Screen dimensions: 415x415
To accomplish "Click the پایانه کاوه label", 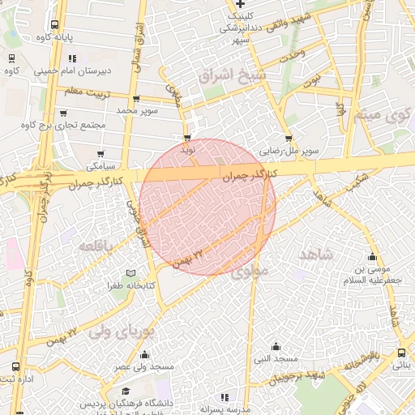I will point(55,37).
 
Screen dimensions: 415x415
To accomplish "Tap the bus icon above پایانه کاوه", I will point(54,24).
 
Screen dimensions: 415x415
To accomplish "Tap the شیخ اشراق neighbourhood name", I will point(232,76).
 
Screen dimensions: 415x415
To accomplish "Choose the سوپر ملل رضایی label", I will point(288,152).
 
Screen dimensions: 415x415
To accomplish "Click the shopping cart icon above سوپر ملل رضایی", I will point(289,139).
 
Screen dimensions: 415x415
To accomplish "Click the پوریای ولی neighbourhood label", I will point(119,331).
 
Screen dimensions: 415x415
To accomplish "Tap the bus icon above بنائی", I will point(402,353).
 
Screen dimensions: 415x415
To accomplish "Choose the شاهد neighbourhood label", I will point(316,255).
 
